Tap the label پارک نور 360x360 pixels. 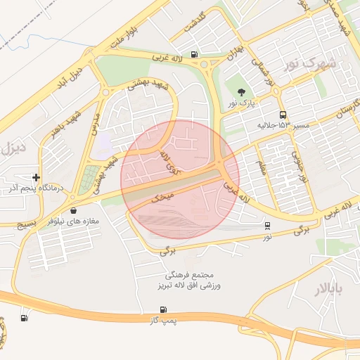click(x=241, y=103)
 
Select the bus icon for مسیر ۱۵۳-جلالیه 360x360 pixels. click(x=283, y=115)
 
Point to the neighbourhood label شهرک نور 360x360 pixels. click(x=311, y=64)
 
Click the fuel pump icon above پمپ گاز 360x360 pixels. click(x=164, y=309)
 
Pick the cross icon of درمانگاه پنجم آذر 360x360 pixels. click(x=37, y=178)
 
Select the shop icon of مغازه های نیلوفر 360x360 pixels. click(x=74, y=210)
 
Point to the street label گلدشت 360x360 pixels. click(x=193, y=23)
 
